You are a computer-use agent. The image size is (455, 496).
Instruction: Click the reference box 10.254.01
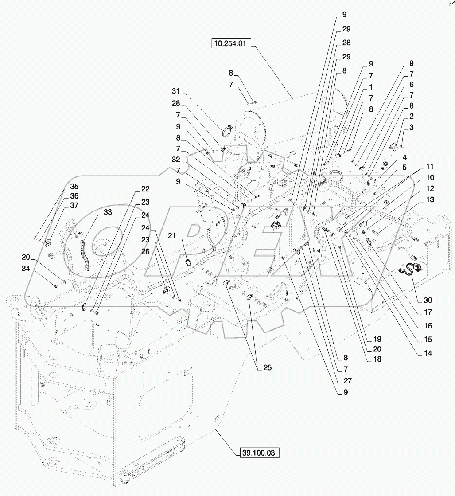232,44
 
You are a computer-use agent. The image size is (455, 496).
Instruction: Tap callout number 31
177,91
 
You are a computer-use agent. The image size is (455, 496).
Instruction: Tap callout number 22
145,189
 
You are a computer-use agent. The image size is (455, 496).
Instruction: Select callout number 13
429,199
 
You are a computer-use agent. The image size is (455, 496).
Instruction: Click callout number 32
176,159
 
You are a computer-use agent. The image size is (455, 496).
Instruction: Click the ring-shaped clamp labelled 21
189,262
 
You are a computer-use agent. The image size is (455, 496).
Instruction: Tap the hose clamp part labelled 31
227,131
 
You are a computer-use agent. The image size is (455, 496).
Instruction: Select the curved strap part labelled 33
85,255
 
